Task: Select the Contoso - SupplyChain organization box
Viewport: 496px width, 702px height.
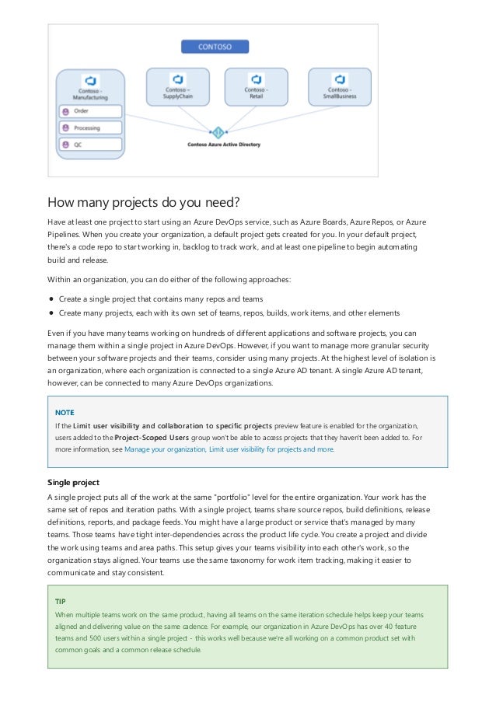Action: (178, 88)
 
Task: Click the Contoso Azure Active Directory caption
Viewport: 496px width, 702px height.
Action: (224, 145)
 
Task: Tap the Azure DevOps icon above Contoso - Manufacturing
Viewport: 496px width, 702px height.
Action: (91, 81)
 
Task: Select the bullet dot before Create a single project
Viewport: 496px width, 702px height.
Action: (51, 299)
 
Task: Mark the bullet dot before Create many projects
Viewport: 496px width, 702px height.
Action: (51, 313)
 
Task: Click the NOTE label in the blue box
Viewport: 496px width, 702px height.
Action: (65, 412)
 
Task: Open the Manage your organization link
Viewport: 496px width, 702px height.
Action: (164, 449)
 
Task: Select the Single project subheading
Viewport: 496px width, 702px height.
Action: (73, 482)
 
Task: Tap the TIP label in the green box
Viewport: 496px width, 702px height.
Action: (60, 602)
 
